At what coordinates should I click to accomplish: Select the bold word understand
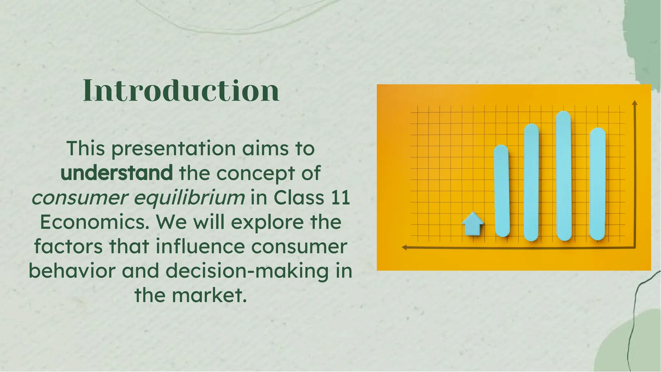(117, 173)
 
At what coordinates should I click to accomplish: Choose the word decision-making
(248, 271)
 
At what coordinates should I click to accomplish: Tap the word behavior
(72, 271)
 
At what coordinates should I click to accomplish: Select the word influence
(200, 246)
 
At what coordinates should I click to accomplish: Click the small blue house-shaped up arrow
(473, 224)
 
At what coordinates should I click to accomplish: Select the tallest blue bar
(564, 176)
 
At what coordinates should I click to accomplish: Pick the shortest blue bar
(502, 190)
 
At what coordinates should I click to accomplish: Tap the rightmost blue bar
(597, 184)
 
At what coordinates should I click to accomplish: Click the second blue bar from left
(531, 182)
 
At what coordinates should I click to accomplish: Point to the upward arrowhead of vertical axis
(635, 103)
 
